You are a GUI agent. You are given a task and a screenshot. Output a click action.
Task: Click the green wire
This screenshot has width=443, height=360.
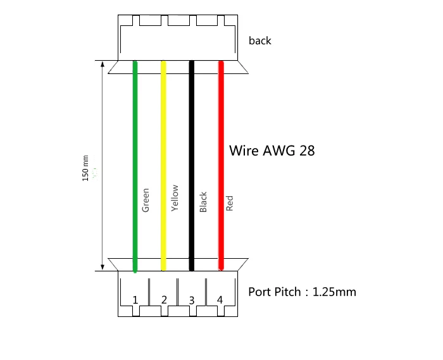tap(135, 127)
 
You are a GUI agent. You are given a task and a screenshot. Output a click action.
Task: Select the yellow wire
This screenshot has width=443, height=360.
tap(163, 127)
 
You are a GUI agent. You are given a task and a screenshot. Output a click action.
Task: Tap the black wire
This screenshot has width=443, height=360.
tap(192, 127)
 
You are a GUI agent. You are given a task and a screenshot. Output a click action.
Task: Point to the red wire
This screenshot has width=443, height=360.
tap(221, 127)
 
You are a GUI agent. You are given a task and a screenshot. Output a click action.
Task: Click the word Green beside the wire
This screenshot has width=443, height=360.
tap(146, 200)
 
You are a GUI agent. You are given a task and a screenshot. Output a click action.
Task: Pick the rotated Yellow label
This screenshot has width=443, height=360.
tap(175, 198)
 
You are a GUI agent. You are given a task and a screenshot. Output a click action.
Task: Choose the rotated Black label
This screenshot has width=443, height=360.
tap(203, 202)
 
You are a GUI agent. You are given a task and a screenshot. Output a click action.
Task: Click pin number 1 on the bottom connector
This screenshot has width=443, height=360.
tap(135, 299)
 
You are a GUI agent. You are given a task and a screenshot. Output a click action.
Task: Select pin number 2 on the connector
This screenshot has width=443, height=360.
tap(164, 299)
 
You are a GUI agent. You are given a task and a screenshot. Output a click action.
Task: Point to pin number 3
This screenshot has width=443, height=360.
tap(192, 299)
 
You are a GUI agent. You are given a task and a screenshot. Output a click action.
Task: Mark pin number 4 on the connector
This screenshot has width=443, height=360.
tap(220, 299)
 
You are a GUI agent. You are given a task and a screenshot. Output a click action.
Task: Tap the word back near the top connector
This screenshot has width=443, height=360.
tap(259, 40)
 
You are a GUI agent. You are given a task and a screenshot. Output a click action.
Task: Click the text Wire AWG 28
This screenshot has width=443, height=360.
tap(271, 151)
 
